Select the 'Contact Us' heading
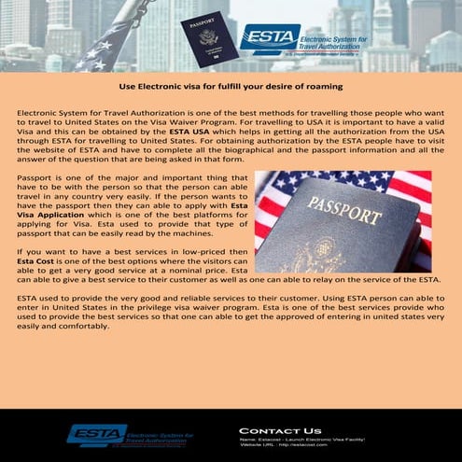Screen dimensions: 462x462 tap(280, 430)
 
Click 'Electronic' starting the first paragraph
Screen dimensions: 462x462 tap(42, 112)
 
